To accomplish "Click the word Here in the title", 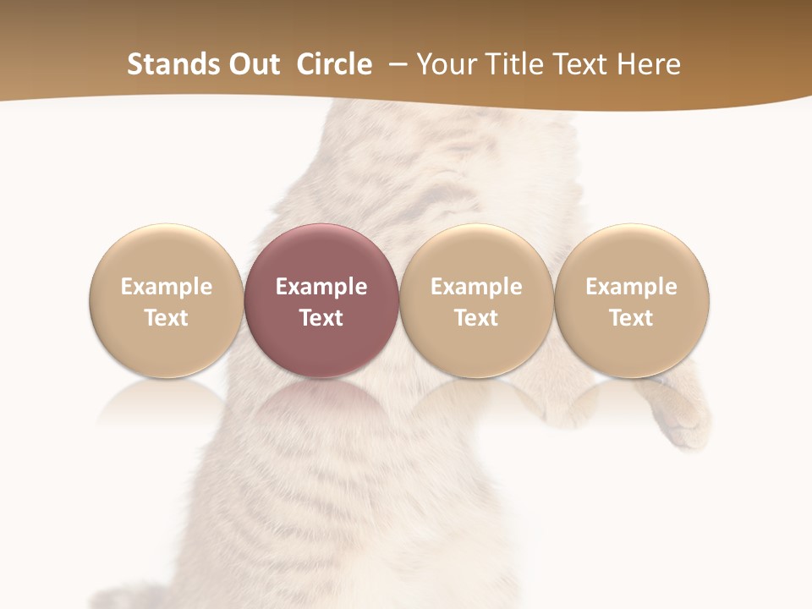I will coord(649,64).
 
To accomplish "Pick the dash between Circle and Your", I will coord(395,64).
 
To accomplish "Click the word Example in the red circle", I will coord(321,287).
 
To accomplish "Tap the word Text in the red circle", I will coord(321,318).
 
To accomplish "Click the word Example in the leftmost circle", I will coord(167,287).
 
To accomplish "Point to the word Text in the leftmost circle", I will coord(167,318).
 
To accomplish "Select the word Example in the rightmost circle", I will coord(632,287).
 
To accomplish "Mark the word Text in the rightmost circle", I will coord(632,318).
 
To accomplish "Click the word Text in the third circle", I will coord(476,318).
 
